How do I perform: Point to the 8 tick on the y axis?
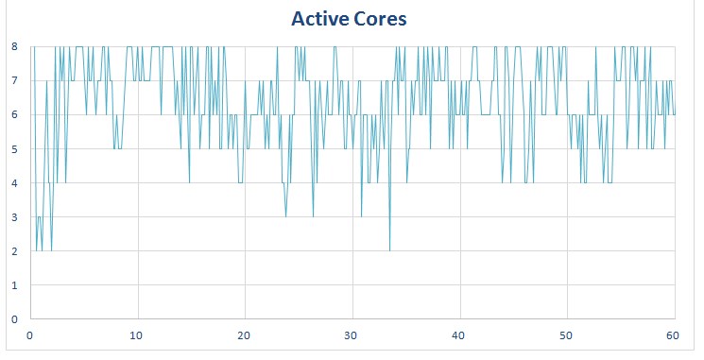point(15,46)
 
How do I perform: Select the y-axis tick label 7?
point(15,80)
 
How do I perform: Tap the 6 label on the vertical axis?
point(15,114)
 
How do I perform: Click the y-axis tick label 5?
point(15,148)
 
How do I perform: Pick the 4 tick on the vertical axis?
point(15,182)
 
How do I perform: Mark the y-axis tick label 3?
point(15,216)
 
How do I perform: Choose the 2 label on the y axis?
point(15,250)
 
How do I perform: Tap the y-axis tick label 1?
point(15,284)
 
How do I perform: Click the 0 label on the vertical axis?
point(15,318)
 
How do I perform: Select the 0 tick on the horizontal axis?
point(31,335)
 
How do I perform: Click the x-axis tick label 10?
point(138,335)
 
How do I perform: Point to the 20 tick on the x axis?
point(246,335)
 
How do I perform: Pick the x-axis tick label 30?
point(352,335)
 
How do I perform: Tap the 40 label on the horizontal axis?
point(460,335)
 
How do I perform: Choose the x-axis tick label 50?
point(567,335)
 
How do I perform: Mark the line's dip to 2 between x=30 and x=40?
point(389,249)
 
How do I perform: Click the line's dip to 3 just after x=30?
point(361,216)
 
